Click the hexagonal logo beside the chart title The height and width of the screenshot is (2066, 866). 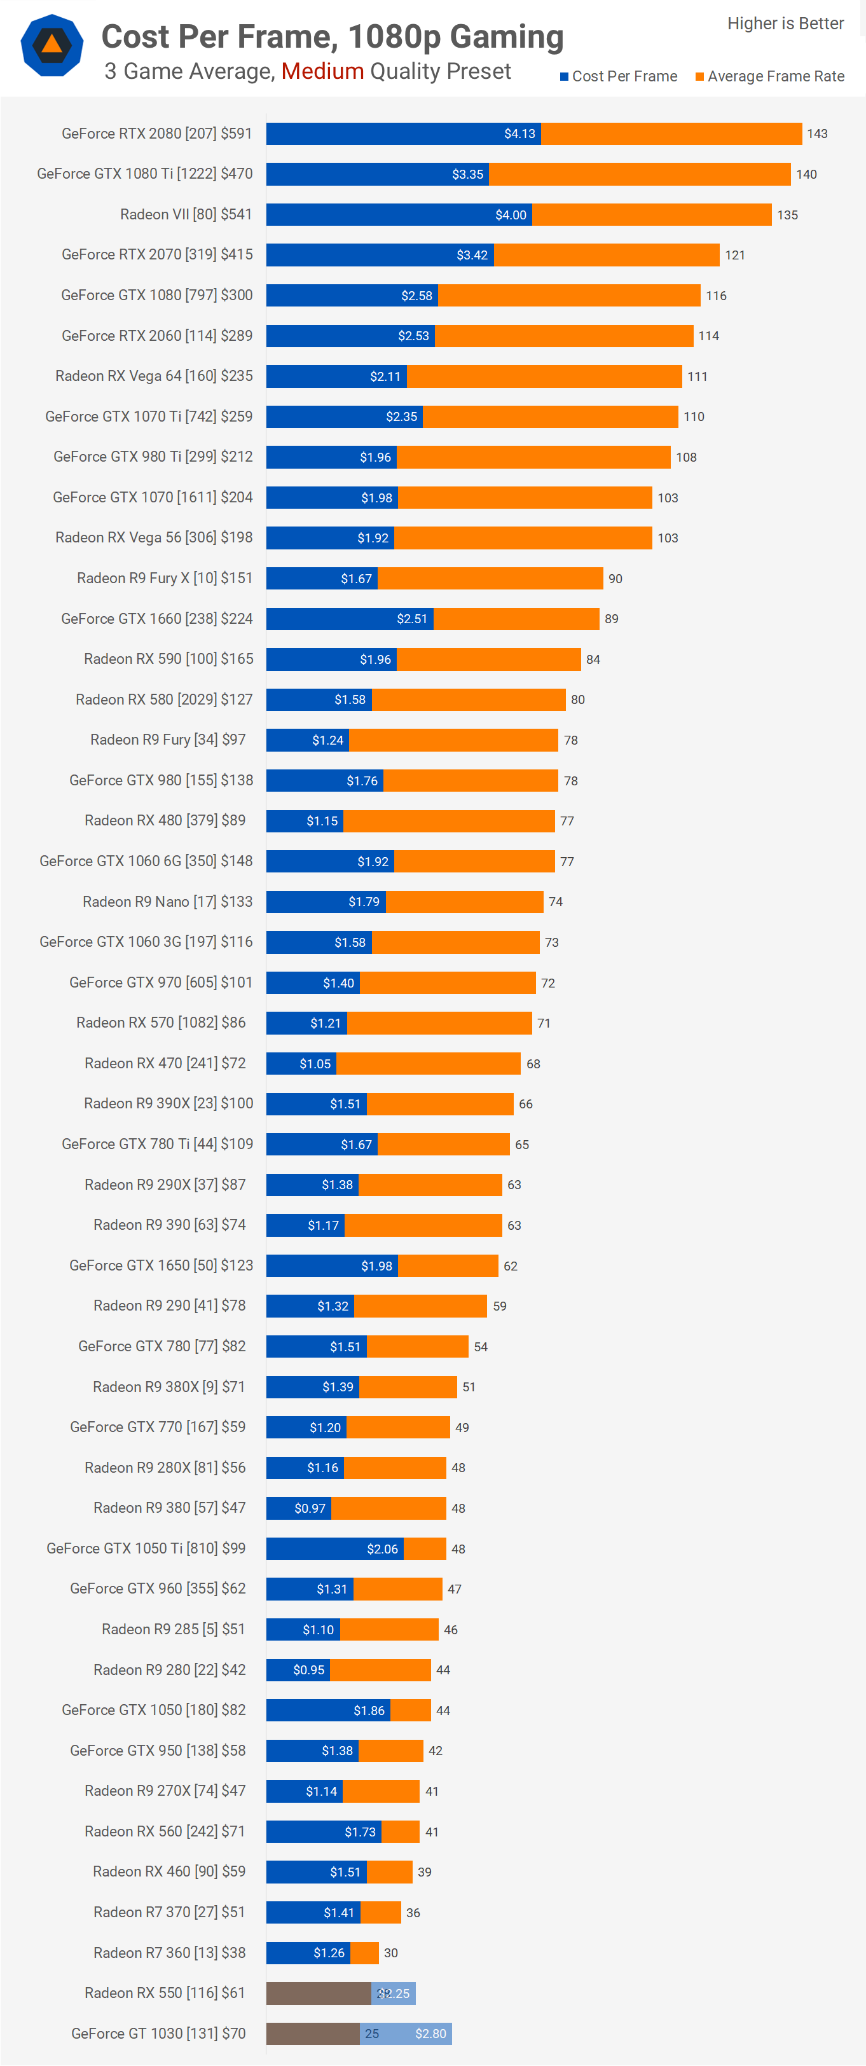click(52, 46)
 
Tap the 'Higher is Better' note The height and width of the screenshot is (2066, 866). click(785, 24)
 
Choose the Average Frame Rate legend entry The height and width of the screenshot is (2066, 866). click(770, 76)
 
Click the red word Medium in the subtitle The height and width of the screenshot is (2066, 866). click(322, 71)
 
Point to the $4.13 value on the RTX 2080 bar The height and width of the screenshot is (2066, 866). click(519, 134)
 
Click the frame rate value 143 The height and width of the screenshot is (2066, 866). click(817, 134)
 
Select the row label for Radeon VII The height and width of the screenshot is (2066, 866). click(186, 214)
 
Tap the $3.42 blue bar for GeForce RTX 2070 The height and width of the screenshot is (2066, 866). click(380, 255)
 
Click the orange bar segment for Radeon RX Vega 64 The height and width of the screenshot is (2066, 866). click(544, 376)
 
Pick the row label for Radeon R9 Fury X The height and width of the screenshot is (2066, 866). click(165, 578)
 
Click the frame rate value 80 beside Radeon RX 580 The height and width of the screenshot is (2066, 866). click(577, 700)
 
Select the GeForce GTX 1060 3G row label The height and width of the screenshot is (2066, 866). click(146, 942)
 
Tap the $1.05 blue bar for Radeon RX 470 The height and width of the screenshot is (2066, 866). click(301, 1063)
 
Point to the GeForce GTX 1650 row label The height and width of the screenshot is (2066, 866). click(161, 1265)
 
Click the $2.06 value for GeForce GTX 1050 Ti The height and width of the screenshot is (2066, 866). click(383, 1548)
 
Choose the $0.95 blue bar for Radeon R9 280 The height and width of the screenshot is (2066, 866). click(298, 1670)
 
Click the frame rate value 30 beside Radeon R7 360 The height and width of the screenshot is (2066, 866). click(390, 1953)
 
